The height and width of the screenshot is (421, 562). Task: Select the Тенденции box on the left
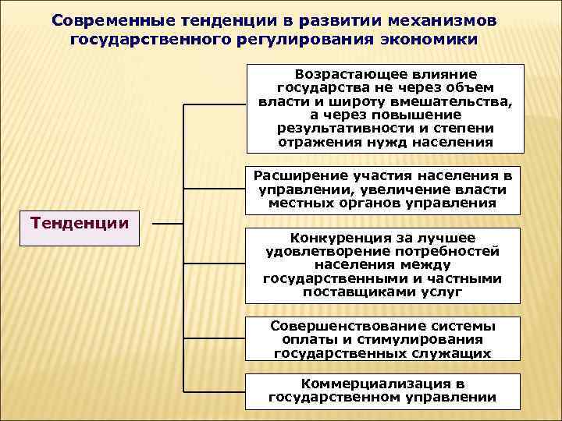(x=79, y=228)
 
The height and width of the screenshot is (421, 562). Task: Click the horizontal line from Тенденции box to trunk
(x=167, y=224)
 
